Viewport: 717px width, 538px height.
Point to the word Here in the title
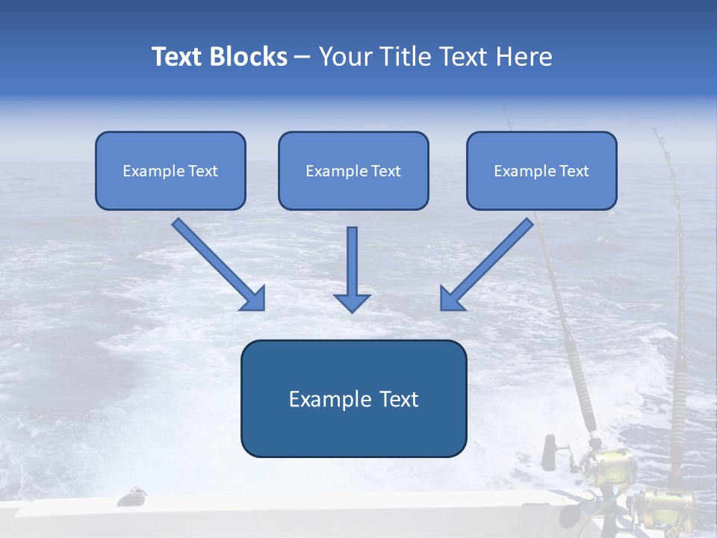[523, 57]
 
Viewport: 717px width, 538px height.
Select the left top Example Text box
[170, 170]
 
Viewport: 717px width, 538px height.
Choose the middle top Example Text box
[353, 170]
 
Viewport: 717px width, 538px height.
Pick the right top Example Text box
[541, 170]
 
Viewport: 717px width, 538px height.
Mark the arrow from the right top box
[487, 264]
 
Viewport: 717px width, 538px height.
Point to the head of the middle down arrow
[352, 302]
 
